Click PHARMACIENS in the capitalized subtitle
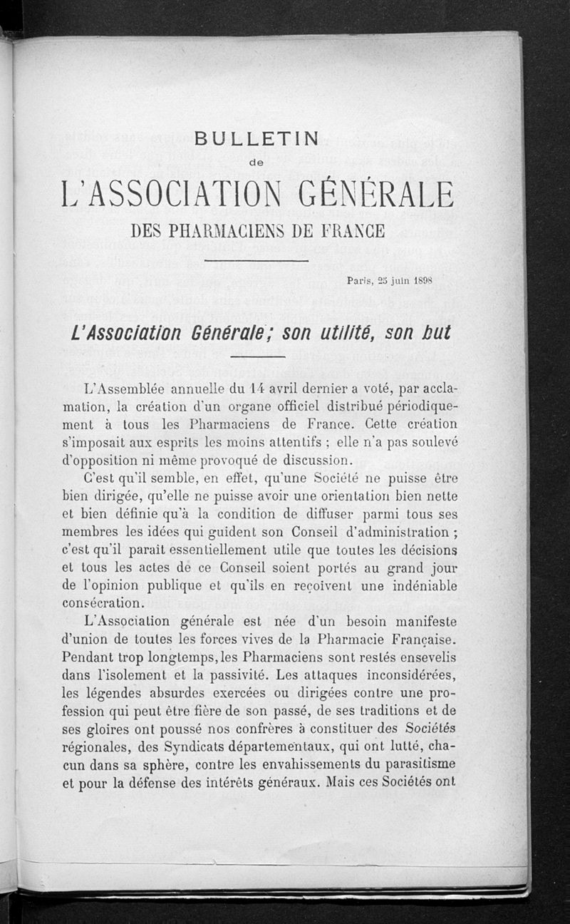click(x=236, y=232)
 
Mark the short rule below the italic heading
click(x=256, y=356)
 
